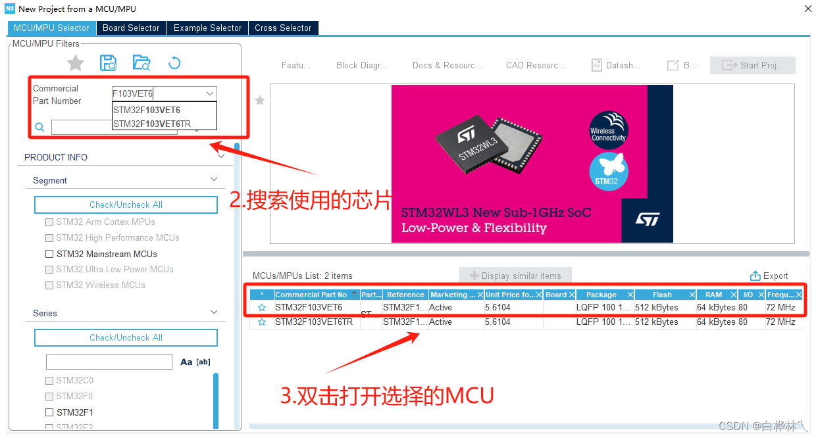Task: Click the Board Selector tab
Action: (131, 28)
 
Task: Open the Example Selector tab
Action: (207, 28)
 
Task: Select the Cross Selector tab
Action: (283, 28)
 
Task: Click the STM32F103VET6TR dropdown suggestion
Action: (151, 124)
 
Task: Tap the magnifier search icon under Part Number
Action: (39, 127)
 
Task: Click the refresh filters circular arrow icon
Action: (174, 63)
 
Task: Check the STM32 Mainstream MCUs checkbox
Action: (49, 254)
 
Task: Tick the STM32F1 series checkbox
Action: (49, 412)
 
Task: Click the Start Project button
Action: (752, 65)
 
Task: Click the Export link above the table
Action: (769, 276)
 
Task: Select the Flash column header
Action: (662, 295)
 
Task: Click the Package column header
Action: (601, 295)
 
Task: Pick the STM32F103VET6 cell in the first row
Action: (309, 307)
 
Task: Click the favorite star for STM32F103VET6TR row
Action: (262, 322)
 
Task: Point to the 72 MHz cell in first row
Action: (780, 307)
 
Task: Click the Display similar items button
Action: (515, 276)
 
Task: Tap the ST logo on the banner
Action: (647, 219)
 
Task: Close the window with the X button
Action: (807, 9)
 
